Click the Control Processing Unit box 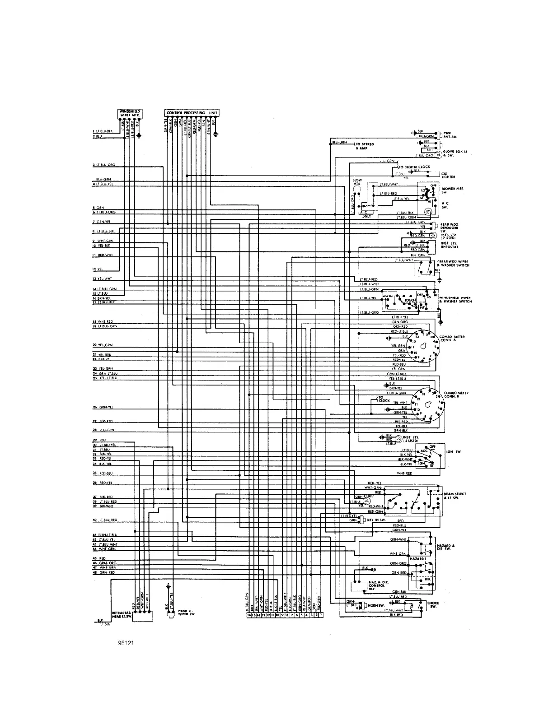192,112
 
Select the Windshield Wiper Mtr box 130,113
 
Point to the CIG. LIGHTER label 449,175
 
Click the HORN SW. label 373,605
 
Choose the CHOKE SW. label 432,604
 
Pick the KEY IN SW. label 376,520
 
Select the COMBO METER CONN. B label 456,395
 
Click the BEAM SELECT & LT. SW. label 455,496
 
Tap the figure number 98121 127,644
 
